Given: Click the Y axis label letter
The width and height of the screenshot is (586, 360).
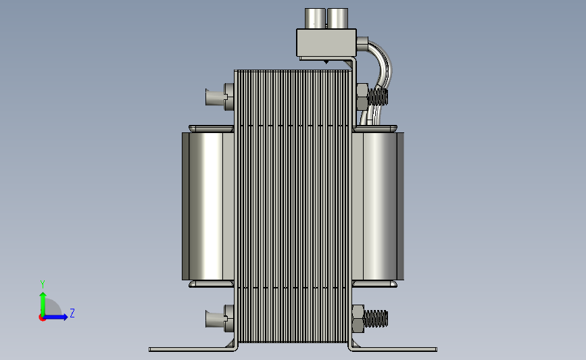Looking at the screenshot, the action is click(x=43, y=284).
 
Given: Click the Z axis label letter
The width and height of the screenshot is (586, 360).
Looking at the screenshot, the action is click(x=72, y=313).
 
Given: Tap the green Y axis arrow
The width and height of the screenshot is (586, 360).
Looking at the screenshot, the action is click(x=43, y=304).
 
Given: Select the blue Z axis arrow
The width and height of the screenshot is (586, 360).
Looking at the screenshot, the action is click(x=55, y=317).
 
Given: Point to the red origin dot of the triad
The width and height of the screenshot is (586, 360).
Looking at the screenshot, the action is click(x=42, y=317).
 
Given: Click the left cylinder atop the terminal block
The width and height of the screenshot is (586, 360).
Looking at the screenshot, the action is click(x=315, y=18).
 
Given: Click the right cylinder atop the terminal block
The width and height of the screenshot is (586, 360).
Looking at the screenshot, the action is click(x=337, y=18).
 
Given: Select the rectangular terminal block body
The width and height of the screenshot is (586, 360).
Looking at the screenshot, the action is click(x=326, y=43).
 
